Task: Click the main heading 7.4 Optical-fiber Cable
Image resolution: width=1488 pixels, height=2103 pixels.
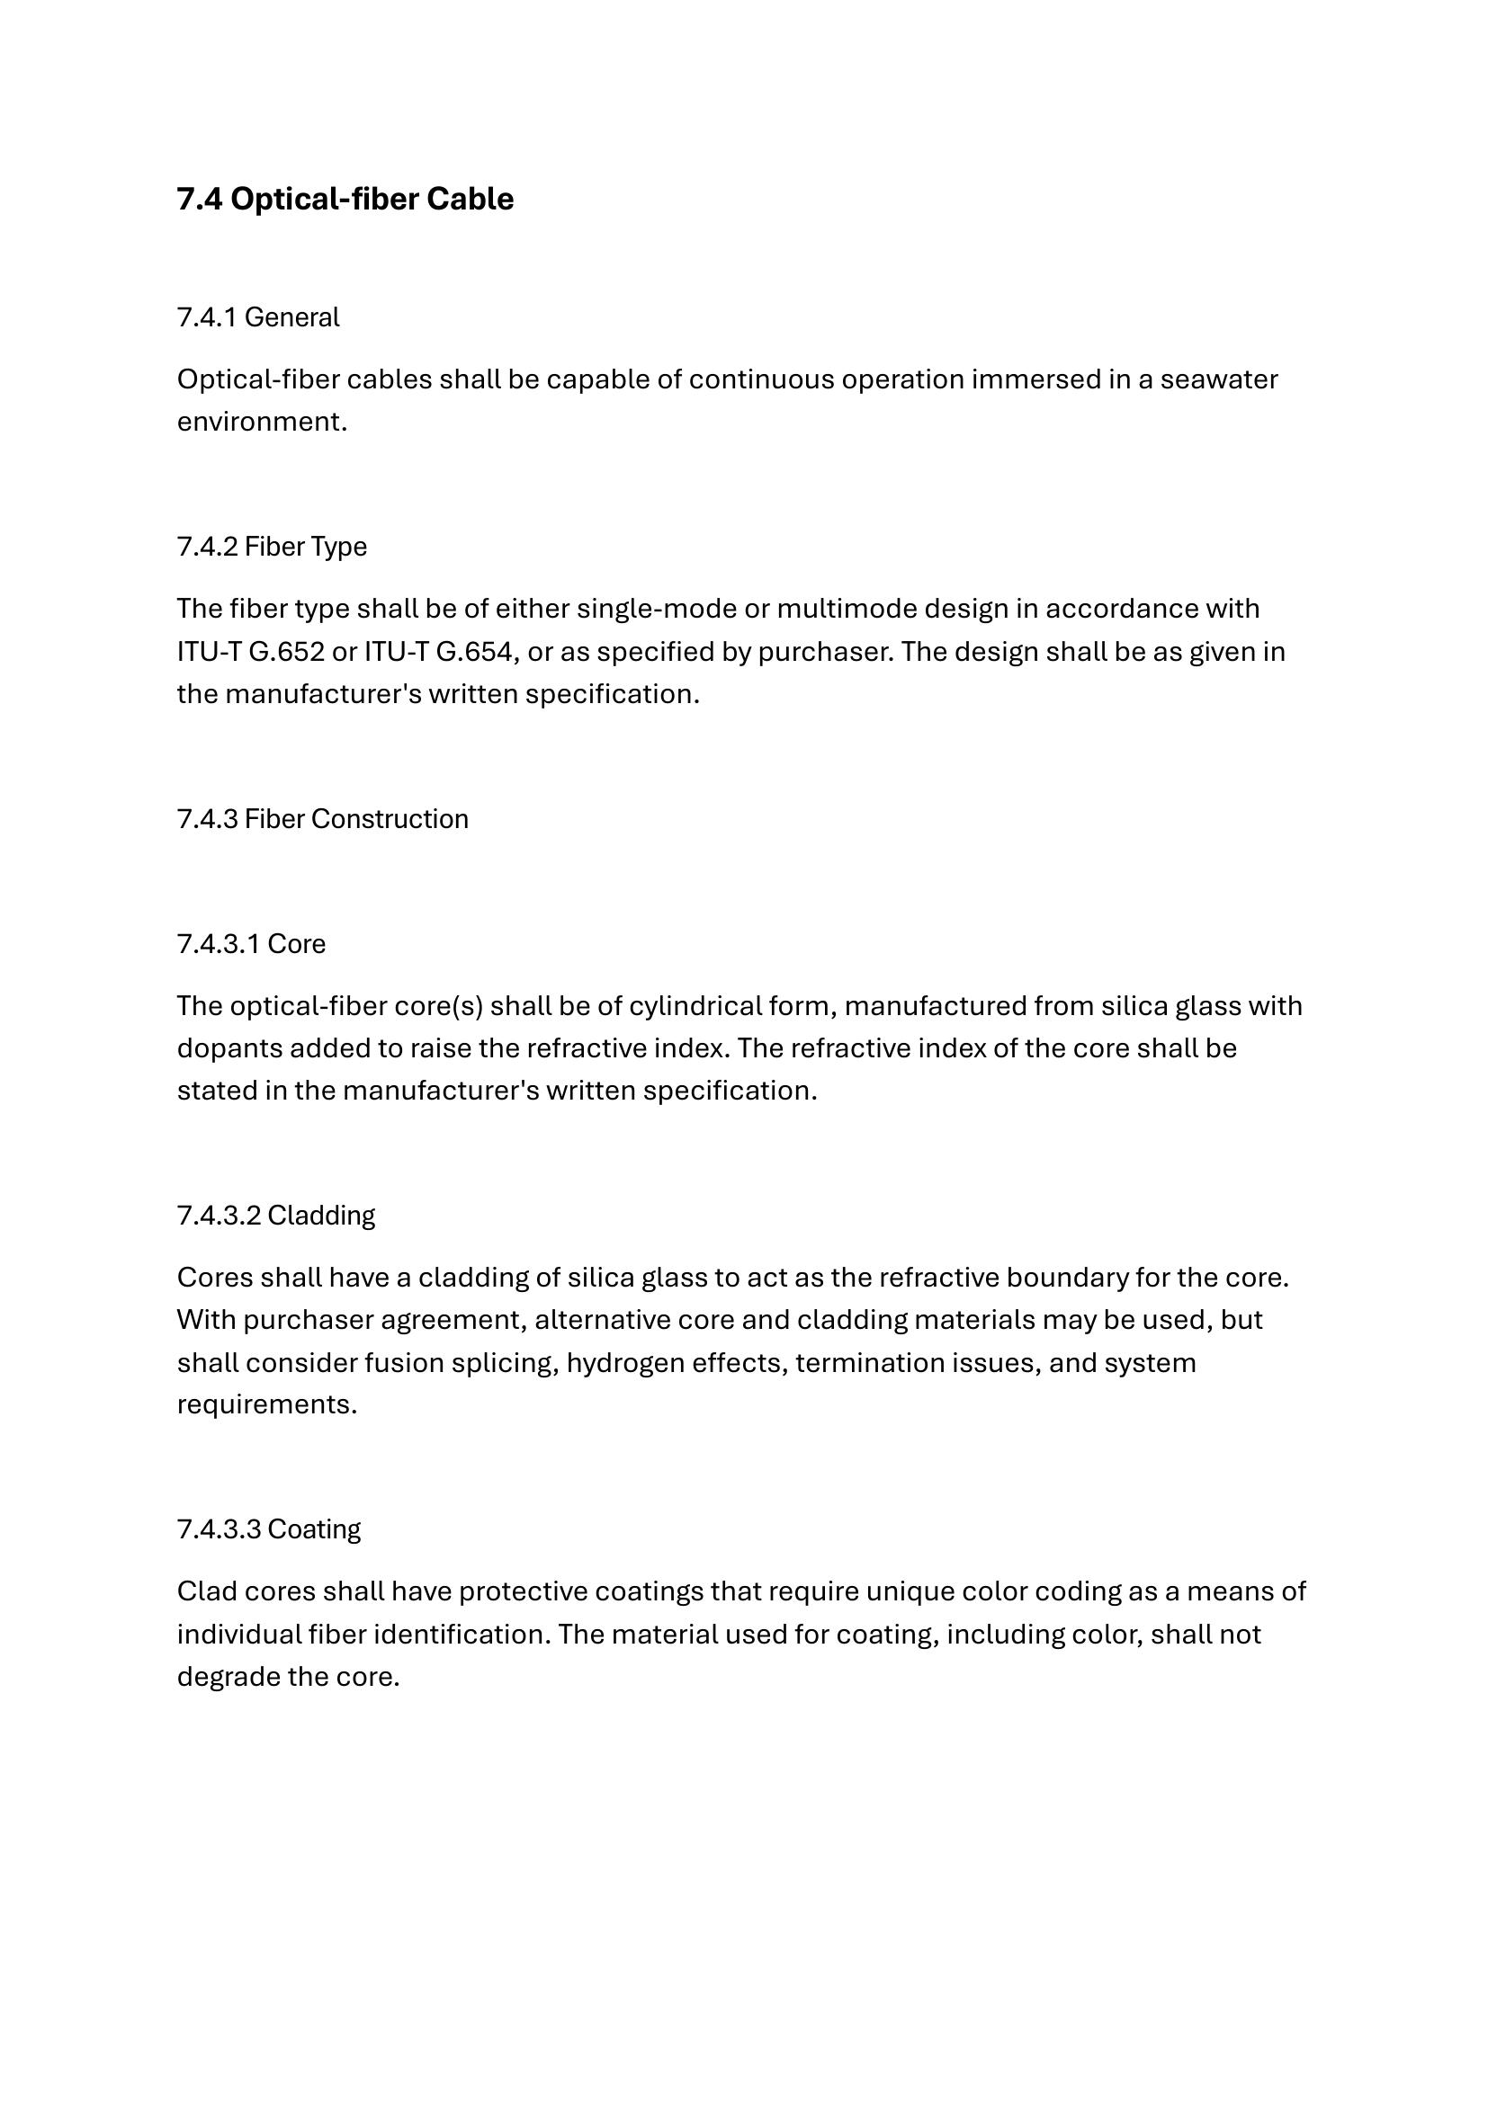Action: point(345,199)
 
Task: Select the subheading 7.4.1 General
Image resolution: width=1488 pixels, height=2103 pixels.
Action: point(257,316)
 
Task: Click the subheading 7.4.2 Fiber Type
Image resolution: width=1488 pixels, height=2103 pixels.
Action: point(271,546)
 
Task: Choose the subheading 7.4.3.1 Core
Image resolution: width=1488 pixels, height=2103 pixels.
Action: point(251,943)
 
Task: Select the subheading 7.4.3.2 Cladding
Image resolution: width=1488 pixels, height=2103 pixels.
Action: point(276,1215)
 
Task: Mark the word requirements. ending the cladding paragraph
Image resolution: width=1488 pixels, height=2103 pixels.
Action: point(266,1404)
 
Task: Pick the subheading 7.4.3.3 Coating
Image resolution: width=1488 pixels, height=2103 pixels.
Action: point(268,1528)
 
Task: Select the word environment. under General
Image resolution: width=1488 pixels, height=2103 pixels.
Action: point(262,422)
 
